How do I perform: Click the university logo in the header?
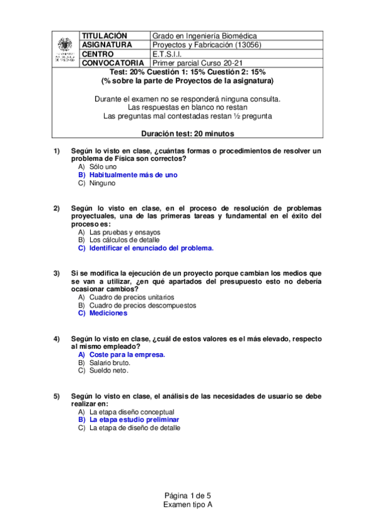(64, 49)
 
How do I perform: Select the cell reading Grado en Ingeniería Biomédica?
(205, 36)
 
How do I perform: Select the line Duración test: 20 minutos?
(187, 133)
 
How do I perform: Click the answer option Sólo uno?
(103, 167)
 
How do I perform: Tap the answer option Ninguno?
(103, 183)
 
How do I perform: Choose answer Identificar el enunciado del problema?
(152, 248)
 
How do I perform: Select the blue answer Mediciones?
(108, 313)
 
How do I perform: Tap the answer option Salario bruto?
(110, 363)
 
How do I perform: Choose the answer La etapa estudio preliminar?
(134, 420)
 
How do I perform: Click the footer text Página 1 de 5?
(187, 495)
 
